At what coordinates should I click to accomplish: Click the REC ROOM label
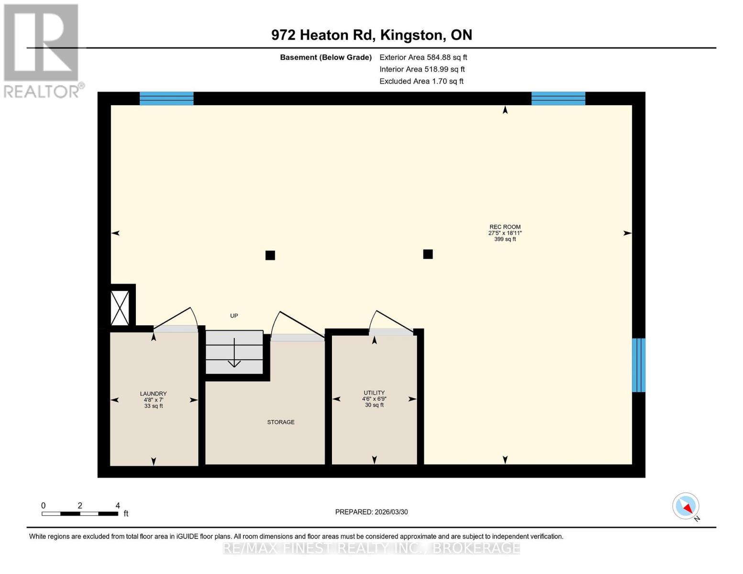(505, 227)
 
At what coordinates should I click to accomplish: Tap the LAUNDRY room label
(153, 394)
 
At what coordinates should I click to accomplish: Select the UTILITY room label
(374, 393)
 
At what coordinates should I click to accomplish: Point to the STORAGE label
(281, 422)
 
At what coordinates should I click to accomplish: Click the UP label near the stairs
(234, 316)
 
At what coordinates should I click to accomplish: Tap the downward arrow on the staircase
(234, 354)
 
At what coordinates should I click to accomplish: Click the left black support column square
(270, 255)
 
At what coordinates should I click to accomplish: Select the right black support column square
(428, 254)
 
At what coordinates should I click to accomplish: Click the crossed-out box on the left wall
(120, 308)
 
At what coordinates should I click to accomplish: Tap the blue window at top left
(166, 99)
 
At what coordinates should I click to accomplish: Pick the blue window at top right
(558, 99)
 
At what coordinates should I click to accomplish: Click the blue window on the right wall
(639, 365)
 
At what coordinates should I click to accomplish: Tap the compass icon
(686, 506)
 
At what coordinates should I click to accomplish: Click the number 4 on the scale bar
(118, 506)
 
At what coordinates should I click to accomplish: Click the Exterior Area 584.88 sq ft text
(423, 57)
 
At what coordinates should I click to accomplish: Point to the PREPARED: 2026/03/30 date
(371, 512)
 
